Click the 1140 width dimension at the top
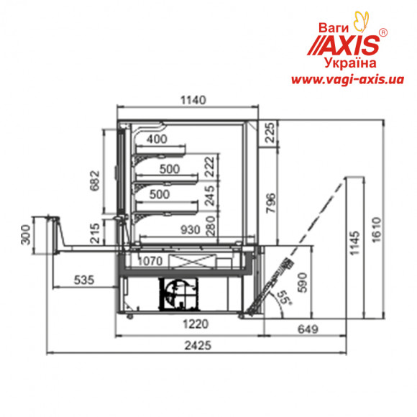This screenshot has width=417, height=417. coord(193,100)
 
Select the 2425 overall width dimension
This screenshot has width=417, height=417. coord(198,345)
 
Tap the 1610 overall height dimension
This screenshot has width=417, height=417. coord(376,230)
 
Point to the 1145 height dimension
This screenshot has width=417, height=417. coord(355,243)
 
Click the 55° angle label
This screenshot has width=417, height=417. coord(284,298)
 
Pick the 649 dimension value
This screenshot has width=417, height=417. coord(308,329)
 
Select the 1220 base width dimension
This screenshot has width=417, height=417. coord(196,324)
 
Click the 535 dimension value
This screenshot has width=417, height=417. coord(84,280)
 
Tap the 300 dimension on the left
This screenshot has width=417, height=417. coord(26,234)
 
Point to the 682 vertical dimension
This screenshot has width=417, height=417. coord(95,180)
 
